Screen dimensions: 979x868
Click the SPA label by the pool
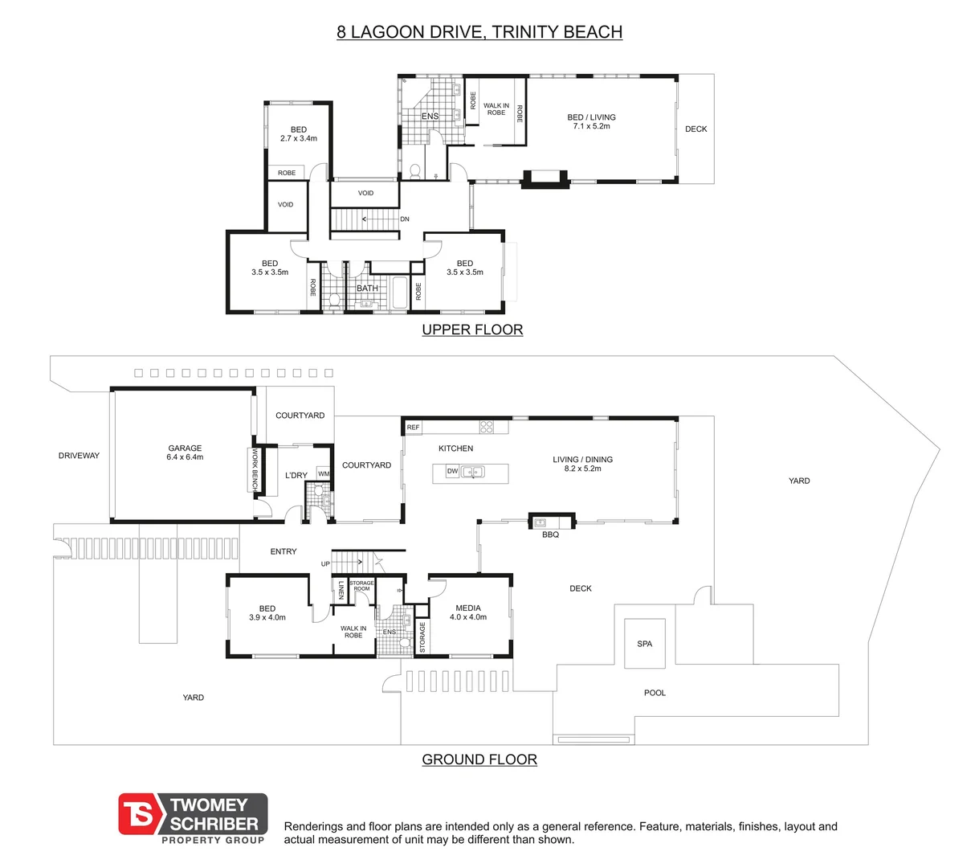pyautogui.click(x=645, y=644)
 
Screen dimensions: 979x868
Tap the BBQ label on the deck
pyautogui.click(x=550, y=534)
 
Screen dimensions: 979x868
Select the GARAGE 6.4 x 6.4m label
pyautogui.click(x=185, y=452)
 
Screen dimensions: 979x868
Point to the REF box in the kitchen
pyautogui.click(x=413, y=428)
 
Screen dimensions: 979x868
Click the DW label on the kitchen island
pyautogui.click(x=452, y=471)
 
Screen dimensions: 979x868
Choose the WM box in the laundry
pyautogui.click(x=323, y=474)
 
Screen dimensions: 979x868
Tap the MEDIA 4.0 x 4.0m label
pyautogui.click(x=468, y=612)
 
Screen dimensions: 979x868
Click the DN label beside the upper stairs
pyautogui.click(x=405, y=219)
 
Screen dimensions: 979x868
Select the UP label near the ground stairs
pyautogui.click(x=325, y=563)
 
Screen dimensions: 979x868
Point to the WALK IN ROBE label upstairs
pyautogui.click(x=496, y=109)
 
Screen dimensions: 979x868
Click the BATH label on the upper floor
pyautogui.click(x=367, y=288)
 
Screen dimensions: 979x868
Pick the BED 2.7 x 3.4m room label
pyautogui.click(x=299, y=134)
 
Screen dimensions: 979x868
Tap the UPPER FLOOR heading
pyautogui.click(x=472, y=330)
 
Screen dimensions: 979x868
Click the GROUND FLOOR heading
pyautogui.click(x=479, y=759)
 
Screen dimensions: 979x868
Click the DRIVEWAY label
pyautogui.click(x=79, y=456)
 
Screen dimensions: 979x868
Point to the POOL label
pyautogui.click(x=655, y=693)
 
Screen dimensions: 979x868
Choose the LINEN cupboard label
pyautogui.click(x=341, y=590)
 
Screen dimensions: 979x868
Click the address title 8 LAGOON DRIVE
pyautogui.click(x=479, y=32)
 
